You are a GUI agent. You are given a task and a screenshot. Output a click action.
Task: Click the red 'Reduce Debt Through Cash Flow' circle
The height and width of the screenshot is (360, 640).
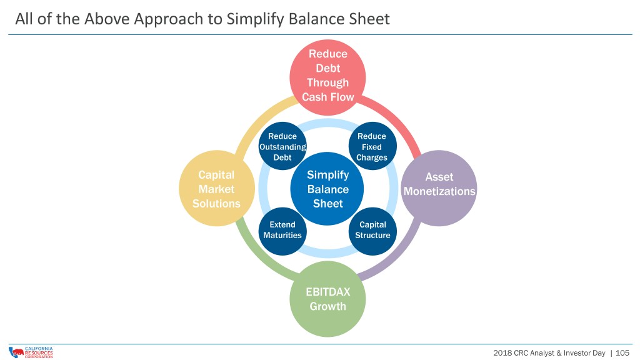(x=327, y=77)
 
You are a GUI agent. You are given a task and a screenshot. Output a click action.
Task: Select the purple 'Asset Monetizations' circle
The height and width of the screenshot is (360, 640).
(x=439, y=188)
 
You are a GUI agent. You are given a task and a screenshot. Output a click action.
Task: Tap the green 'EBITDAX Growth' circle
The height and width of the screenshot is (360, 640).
(x=327, y=299)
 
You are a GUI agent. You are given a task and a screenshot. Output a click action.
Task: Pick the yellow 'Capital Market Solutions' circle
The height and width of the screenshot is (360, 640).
(x=217, y=188)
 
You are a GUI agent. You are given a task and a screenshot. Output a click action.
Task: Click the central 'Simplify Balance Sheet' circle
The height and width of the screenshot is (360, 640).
(x=327, y=189)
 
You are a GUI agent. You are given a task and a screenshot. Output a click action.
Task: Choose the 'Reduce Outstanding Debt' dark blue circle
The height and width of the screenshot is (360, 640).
(x=282, y=146)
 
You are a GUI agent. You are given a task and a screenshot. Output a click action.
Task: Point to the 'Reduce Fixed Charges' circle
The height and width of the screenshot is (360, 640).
(x=372, y=146)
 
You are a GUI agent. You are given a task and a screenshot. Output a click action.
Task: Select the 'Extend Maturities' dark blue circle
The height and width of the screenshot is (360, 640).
(x=282, y=231)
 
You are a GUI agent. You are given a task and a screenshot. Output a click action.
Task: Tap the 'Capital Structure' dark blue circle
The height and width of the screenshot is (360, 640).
(x=372, y=231)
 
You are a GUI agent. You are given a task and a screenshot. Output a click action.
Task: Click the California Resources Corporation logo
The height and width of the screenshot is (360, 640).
(x=31, y=352)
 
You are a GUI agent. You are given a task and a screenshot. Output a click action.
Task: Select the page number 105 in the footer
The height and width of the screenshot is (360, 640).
(x=622, y=353)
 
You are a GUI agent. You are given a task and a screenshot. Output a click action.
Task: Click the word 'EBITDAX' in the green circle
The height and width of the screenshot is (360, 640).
(x=327, y=292)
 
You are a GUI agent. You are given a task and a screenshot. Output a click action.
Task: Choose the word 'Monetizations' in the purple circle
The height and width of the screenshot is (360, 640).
(x=439, y=191)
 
